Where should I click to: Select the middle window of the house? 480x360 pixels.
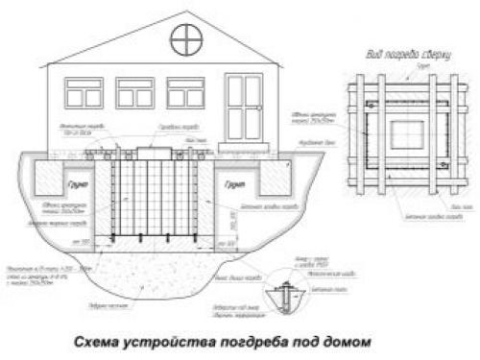(134, 92)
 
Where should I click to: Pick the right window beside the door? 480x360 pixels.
(184, 92)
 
